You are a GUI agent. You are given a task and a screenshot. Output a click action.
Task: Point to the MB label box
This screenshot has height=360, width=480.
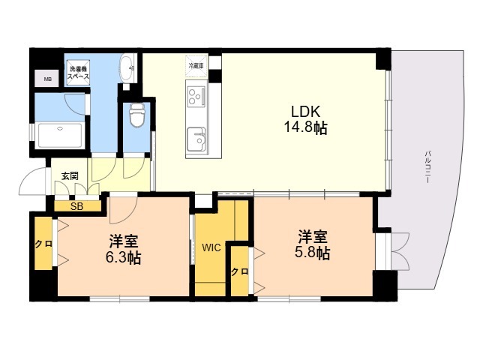pyautogui.click(x=48, y=79)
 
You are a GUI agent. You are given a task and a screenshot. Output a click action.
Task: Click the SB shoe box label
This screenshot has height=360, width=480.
pyautogui.click(x=76, y=205)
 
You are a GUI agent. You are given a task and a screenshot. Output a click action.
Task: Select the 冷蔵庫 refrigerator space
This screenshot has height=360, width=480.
pyautogui.click(x=196, y=67)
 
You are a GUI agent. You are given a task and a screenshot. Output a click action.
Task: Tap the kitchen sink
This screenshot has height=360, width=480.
pyautogui.click(x=199, y=139)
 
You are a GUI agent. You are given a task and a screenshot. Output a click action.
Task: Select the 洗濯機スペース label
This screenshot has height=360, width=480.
pyautogui.click(x=78, y=73)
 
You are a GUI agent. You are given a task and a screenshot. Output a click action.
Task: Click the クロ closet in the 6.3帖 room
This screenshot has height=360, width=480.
pyautogui.click(x=42, y=244)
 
